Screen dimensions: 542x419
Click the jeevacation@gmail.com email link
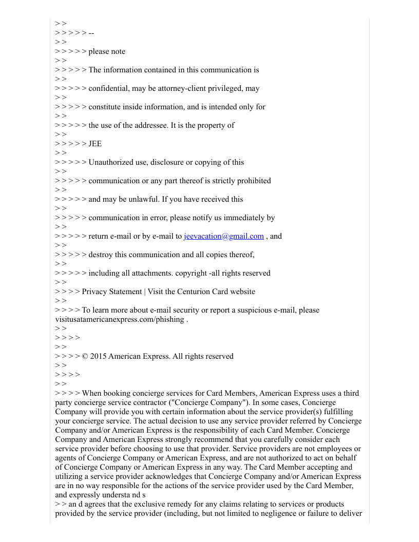tap(223, 236)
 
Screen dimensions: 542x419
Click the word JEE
tap(95, 144)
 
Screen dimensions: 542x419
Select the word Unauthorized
tap(111, 162)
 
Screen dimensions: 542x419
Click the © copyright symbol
tap(85, 356)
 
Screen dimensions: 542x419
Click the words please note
tap(107, 51)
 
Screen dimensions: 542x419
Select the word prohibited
tap(252, 181)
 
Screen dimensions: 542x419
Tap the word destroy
tap(101, 255)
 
